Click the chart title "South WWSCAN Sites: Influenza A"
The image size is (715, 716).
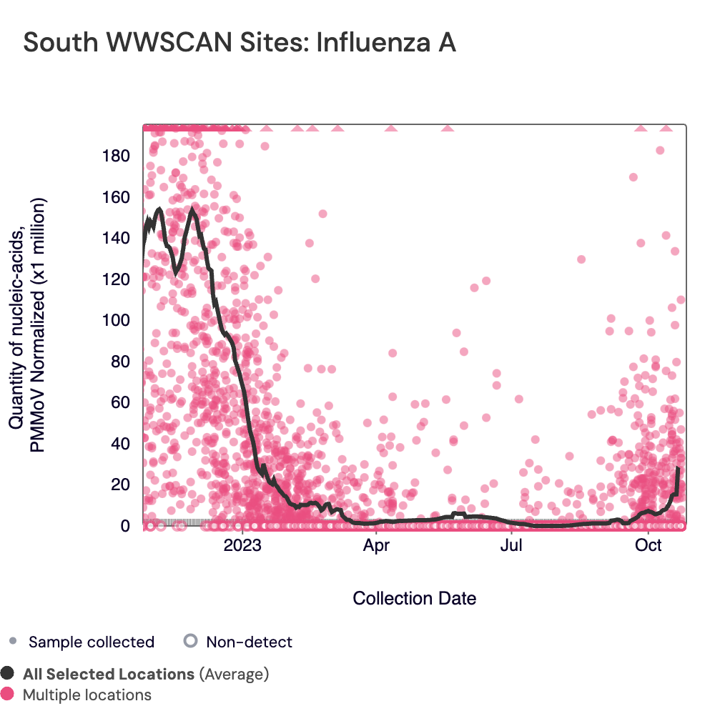click(240, 43)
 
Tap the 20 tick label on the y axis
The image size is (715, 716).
click(122, 485)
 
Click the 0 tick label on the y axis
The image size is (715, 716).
click(125, 526)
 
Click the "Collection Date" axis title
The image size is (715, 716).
click(415, 598)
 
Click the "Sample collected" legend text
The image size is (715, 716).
click(92, 642)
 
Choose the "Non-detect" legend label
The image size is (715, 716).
click(249, 642)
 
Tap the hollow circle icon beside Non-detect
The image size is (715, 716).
click(190, 641)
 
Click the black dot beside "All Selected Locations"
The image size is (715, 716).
click(8, 673)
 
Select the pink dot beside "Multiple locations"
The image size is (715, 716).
click(8, 694)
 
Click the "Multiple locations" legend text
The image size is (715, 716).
click(87, 695)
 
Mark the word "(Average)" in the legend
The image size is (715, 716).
click(234, 674)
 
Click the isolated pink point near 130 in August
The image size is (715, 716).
click(581, 259)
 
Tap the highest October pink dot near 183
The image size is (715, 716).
click(660, 150)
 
